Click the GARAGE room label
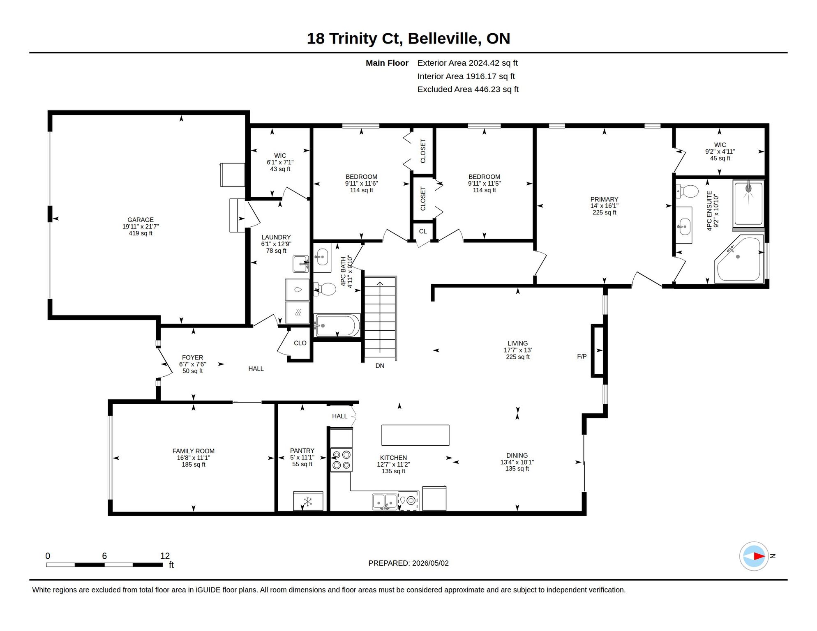(x=140, y=220)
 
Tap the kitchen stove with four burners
(x=341, y=460)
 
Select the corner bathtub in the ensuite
(x=739, y=259)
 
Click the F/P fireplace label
(x=582, y=357)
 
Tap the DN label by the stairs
(x=380, y=366)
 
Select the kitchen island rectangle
(x=415, y=435)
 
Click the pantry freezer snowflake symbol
(x=307, y=502)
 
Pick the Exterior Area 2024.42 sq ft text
(x=467, y=63)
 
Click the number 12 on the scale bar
(x=165, y=556)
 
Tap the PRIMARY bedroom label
(x=604, y=199)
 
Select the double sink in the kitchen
(x=385, y=502)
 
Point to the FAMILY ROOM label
(x=193, y=451)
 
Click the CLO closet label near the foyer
(x=300, y=343)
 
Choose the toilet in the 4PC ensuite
(x=687, y=191)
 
